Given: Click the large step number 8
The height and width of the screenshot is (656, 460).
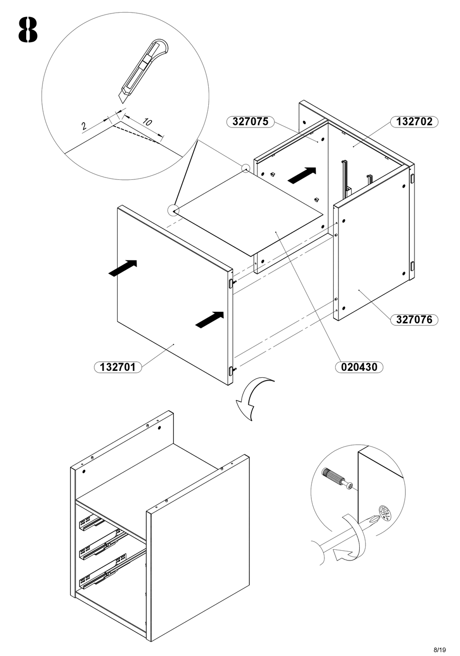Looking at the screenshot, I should [28, 30].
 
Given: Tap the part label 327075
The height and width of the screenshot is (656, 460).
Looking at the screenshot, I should [250, 122].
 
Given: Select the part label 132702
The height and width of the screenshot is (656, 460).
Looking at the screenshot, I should [414, 122].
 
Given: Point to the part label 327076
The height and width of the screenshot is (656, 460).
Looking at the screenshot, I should [414, 320].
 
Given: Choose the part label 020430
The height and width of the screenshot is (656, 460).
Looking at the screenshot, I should [359, 367].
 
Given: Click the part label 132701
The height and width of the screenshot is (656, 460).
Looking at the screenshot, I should [118, 367].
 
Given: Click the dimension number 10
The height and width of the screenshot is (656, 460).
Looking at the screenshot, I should [147, 122].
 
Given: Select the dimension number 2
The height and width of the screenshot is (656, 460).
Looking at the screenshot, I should [84, 127].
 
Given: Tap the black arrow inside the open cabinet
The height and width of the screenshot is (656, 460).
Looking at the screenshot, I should [302, 176].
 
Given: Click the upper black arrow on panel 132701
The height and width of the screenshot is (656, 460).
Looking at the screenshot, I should [123, 268].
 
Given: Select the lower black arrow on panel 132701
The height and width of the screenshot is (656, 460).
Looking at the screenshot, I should [210, 319].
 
